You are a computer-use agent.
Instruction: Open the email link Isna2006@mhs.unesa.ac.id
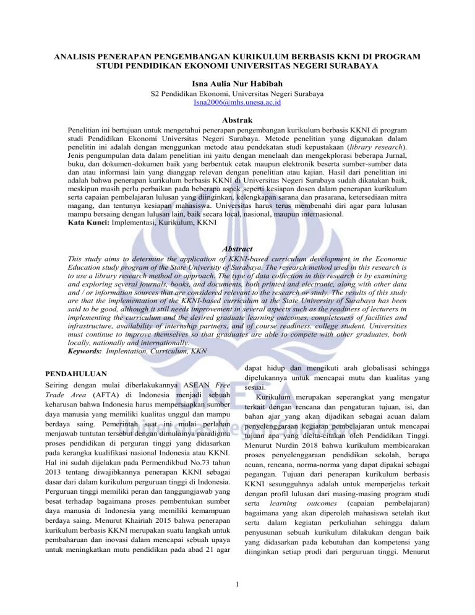point(237,103)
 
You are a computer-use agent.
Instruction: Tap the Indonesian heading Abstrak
point(237,122)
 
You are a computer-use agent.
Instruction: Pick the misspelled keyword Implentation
point(147,350)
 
